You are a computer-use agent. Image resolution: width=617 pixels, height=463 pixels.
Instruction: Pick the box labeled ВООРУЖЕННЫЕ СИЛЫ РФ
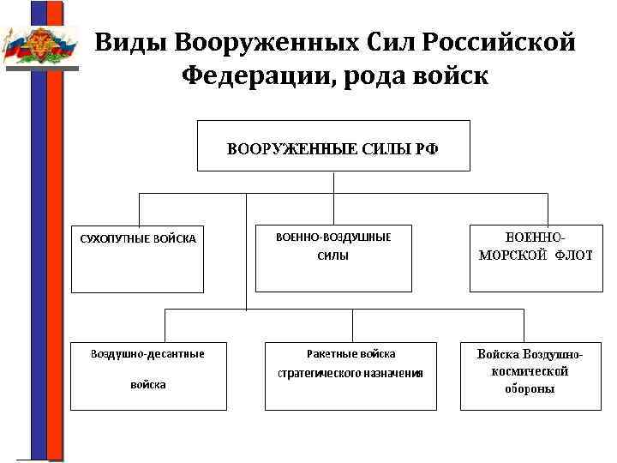(332, 147)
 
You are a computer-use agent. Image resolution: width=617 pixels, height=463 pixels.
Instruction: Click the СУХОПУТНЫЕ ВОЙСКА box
(137, 258)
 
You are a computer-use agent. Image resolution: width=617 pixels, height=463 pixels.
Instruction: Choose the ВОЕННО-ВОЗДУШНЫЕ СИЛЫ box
(333, 256)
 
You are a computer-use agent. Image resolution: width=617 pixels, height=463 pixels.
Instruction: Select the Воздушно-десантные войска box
(147, 375)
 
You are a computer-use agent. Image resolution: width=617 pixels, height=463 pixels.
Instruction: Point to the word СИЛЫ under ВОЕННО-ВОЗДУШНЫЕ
(333, 256)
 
